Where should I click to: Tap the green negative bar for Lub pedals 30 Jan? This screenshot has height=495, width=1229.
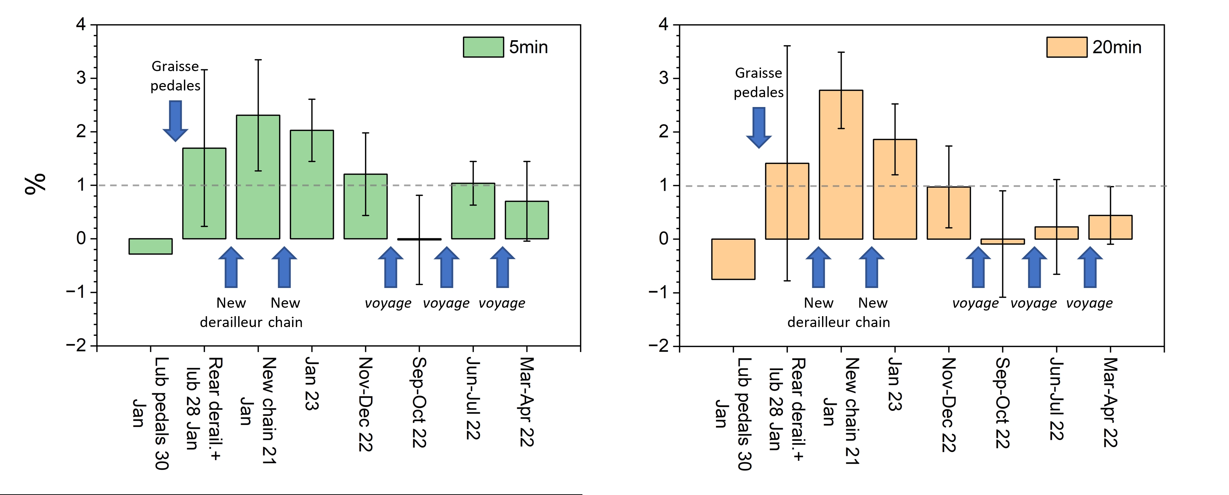pyautogui.click(x=150, y=246)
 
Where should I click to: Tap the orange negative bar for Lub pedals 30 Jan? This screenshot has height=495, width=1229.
pyautogui.click(x=733, y=259)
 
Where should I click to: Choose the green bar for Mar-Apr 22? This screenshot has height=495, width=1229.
pyautogui.click(x=527, y=220)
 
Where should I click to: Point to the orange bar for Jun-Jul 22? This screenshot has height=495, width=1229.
pyautogui.click(x=1056, y=233)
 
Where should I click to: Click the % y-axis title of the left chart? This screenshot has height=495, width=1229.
pyautogui.click(x=35, y=184)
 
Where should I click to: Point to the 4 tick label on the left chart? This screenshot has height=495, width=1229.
pyautogui.click(x=81, y=24)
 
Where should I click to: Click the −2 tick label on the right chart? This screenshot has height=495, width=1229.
pyautogui.click(x=659, y=346)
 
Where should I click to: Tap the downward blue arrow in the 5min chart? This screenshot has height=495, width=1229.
pyautogui.click(x=175, y=121)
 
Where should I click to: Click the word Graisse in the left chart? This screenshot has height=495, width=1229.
pyautogui.click(x=175, y=66)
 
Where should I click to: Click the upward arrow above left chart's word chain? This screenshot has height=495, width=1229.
pyautogui.click(x=284, y=267)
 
